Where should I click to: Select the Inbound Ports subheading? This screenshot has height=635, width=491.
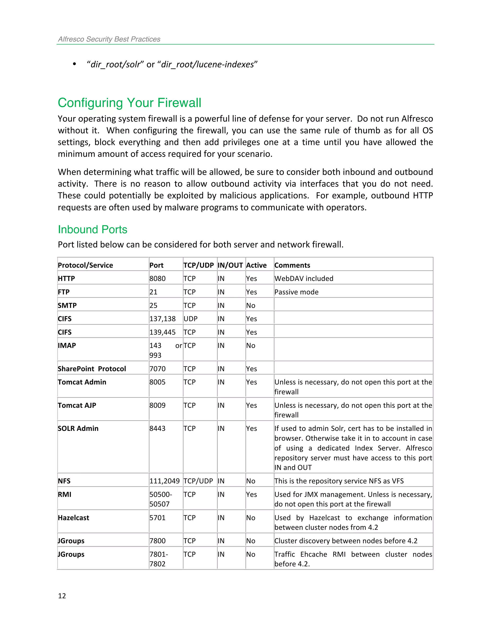point(93,229)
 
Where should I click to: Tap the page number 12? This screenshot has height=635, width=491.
point(62,596)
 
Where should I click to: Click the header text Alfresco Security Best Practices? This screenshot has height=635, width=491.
point(109,39)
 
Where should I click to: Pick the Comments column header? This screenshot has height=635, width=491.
point(292,265)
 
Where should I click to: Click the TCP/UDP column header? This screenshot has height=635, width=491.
point(198,265)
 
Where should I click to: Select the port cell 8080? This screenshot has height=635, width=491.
point(157,278)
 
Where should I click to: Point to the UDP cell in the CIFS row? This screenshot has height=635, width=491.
point(191,319)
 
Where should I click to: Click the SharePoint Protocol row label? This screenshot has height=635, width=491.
point(92,369)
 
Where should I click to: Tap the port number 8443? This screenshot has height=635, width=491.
point(157,428)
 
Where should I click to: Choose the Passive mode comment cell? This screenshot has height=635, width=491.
point(296,292)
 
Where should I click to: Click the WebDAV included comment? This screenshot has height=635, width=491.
point(304,278)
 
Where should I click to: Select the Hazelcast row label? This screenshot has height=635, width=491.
point(73,518)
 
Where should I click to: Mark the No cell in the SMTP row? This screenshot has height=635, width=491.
point(251,305)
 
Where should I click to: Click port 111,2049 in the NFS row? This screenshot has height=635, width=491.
point(164,481)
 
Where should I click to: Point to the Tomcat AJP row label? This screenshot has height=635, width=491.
point(77,405)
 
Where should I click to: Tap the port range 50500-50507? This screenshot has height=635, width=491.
point(160,499)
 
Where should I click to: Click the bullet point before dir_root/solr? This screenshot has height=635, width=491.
point(75,64)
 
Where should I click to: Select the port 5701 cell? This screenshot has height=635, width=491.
point(157,518)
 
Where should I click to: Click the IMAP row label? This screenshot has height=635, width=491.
point(67,345)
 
